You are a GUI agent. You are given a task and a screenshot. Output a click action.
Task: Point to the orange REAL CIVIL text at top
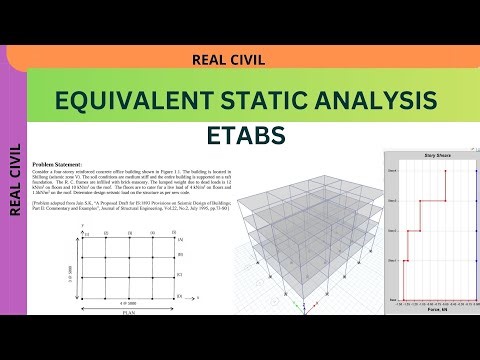coord(228,60)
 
